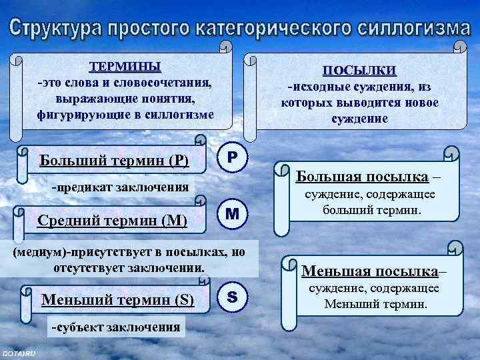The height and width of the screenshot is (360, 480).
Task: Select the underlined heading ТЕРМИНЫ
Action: [125, 67]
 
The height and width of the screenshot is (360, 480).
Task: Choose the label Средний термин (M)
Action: [113, 219]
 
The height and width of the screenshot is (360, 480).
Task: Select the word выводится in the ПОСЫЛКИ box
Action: [362, 103]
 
